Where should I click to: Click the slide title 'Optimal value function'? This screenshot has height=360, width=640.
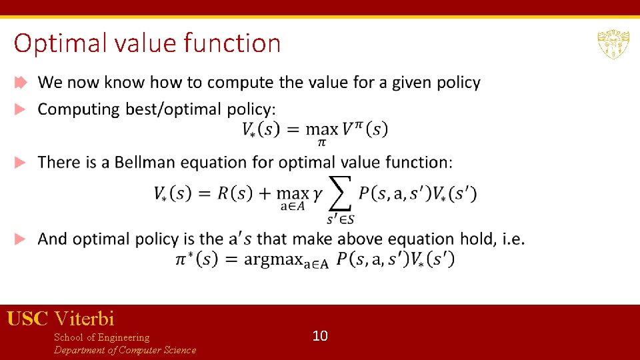[x=147, y=43]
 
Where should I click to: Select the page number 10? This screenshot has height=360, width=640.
[x=320, y=336]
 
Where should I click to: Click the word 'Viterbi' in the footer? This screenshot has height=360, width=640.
[x=85, y=319]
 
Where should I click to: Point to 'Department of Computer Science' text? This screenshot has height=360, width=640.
[x=125, y=350]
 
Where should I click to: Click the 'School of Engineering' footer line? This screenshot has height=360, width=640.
[x=101, y=337]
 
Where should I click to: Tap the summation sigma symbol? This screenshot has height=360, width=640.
[x=341, y=193]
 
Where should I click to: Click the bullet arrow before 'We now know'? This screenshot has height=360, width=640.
[x=21, y=83]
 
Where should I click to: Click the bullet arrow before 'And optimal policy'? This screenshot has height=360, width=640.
[x=21, y=239]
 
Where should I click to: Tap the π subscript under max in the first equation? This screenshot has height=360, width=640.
[x=321, y=143]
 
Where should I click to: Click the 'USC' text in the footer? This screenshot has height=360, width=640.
[x=27, y=319]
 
